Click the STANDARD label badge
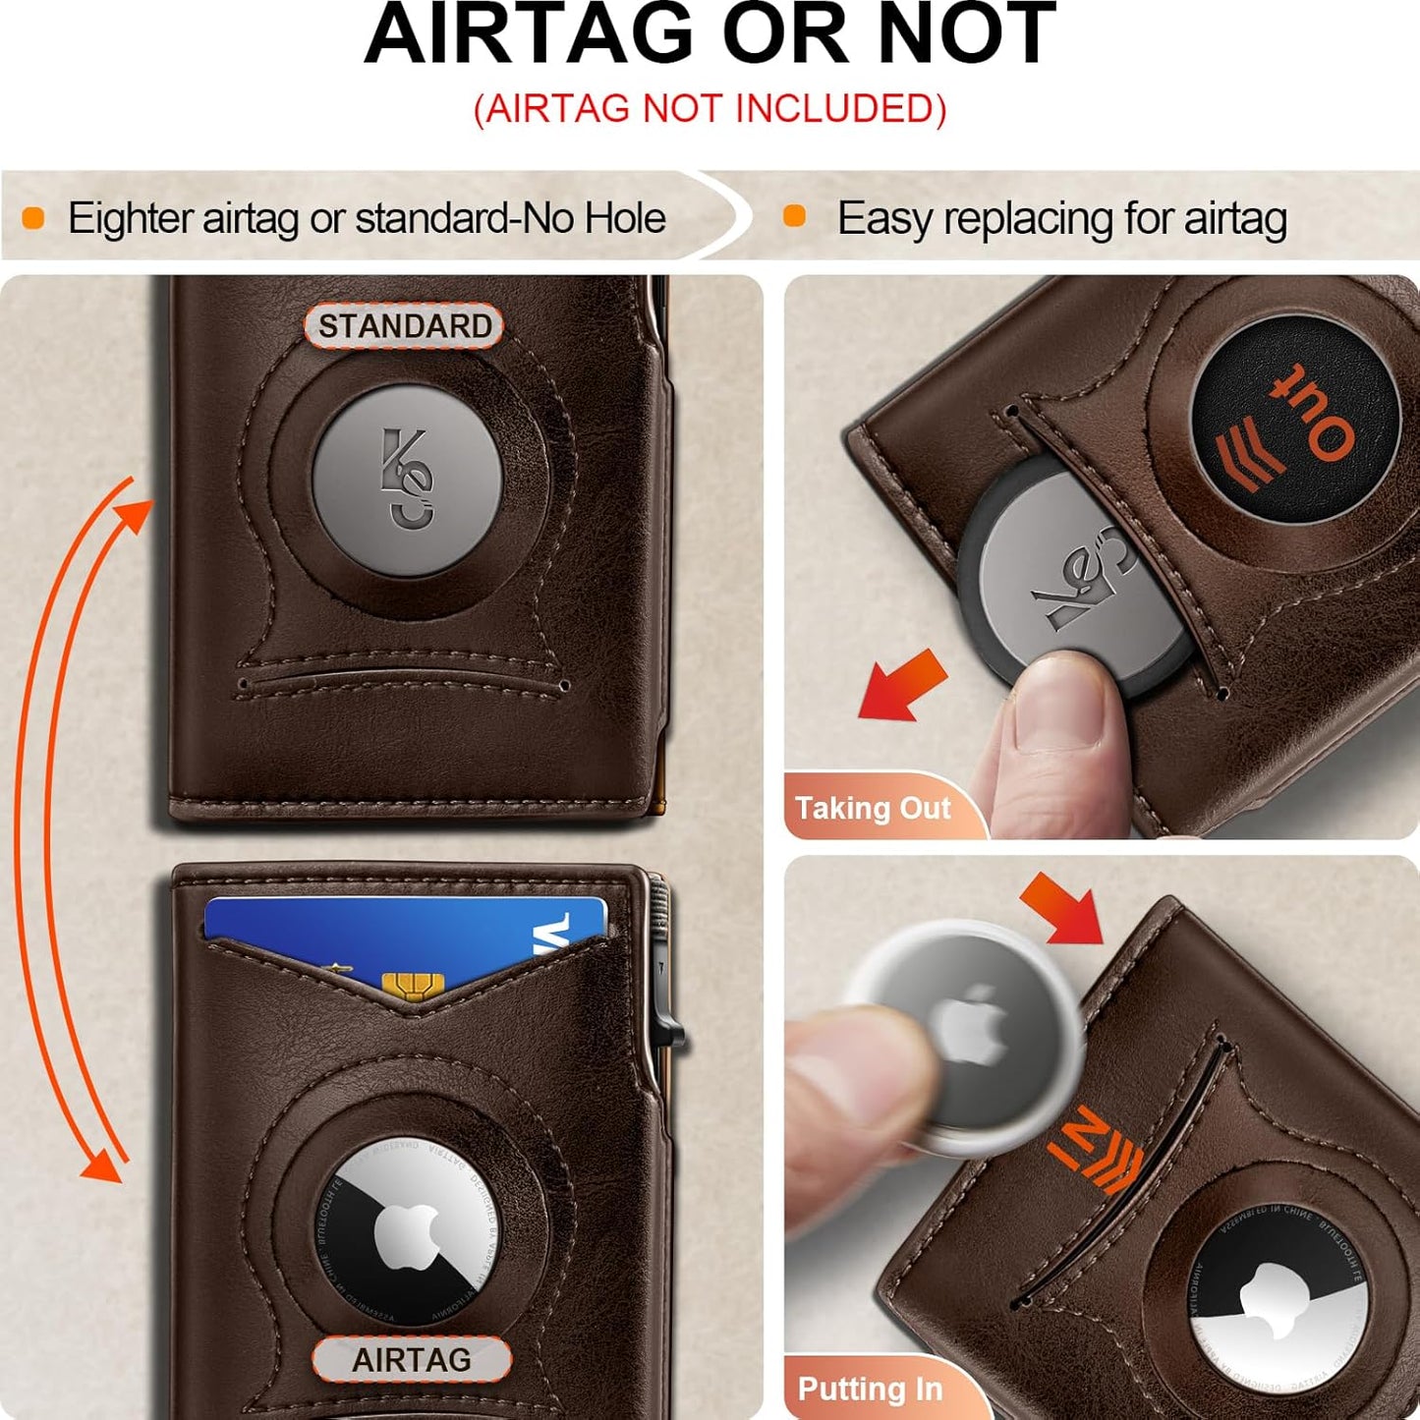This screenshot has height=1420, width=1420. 404,325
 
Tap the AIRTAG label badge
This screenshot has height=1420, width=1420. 412,1359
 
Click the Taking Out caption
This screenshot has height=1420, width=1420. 873,808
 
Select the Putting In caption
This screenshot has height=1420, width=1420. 870,1389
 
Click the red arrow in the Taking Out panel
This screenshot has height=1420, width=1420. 902,685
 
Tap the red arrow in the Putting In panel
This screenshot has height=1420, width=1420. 1063,907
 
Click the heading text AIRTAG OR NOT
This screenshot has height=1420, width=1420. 710,35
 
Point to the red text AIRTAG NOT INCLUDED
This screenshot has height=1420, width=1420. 710,108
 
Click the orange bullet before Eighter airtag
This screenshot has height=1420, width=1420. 33,218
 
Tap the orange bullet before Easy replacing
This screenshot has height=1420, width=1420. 794,217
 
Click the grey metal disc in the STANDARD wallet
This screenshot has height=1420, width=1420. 408,481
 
